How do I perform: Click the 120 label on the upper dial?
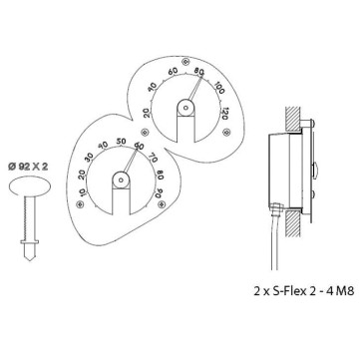point(225,114)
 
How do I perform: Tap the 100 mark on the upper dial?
point(218,88)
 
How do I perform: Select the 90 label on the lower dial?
point(161,190)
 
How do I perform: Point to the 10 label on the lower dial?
point(83,191)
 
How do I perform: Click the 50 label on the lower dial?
point(121,141)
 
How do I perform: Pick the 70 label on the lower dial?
point(153,157)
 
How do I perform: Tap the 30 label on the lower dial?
point(90,158)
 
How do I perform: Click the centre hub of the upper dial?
point(185,108)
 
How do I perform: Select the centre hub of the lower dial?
point(121,180)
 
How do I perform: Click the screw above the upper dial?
point(186,61)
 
